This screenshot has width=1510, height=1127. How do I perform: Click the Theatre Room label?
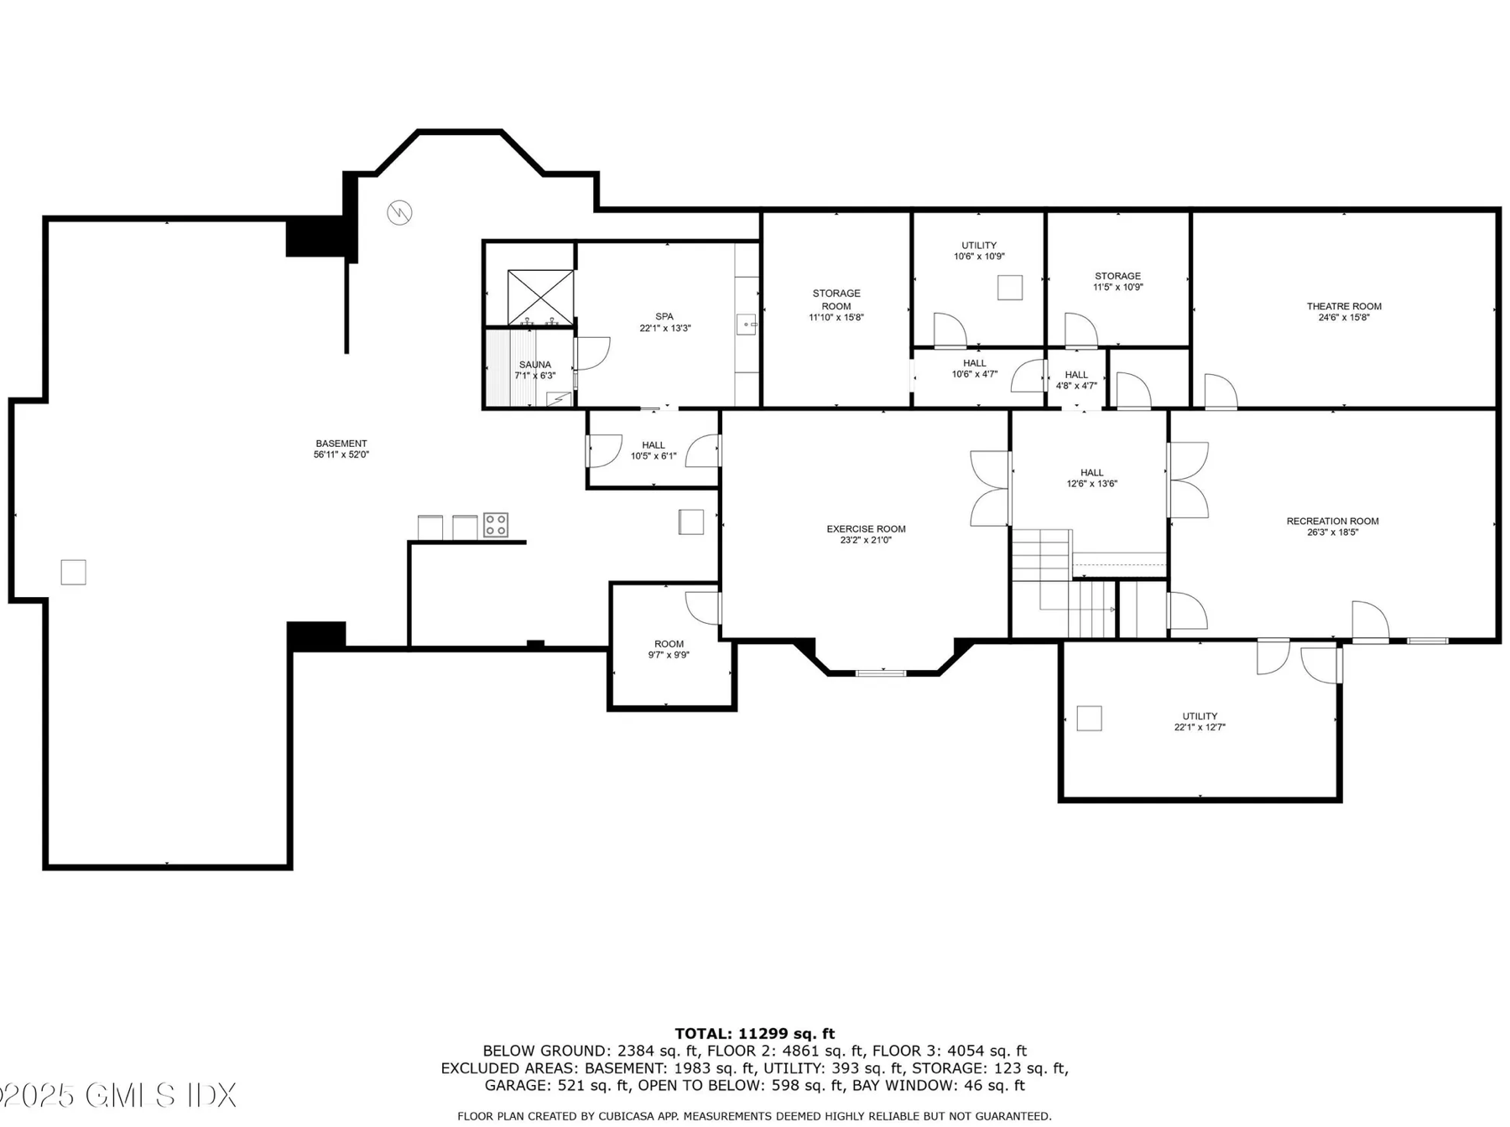[1344, 312]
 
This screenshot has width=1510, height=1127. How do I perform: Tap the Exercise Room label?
[866, 534]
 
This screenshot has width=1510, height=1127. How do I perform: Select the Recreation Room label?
[1332, 527]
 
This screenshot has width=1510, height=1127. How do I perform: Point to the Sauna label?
[535, 370]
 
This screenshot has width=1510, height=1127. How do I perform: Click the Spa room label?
[664, 322]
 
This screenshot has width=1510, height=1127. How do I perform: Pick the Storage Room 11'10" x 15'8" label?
[836, 305]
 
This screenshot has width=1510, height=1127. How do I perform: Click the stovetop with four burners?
[496, 525]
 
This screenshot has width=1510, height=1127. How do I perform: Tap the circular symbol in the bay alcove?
[399, 212]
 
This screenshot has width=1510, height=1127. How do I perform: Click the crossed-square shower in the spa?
[540, 297]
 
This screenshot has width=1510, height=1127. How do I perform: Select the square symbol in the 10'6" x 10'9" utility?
[1010, 287]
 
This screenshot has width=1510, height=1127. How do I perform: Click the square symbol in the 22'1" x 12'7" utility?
[1089, 718]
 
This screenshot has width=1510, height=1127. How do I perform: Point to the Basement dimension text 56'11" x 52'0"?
[341, 454]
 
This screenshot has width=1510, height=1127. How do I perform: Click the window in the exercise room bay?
[881, 672]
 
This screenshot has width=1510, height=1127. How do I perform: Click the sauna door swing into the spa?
[592, 353]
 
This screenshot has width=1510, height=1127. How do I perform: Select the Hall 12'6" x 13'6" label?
[1092, 478]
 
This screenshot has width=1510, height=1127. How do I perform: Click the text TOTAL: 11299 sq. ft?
[755, 1034]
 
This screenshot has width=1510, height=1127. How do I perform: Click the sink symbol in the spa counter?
[746, 324]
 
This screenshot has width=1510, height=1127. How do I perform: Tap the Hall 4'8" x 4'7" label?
[1076, 380]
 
